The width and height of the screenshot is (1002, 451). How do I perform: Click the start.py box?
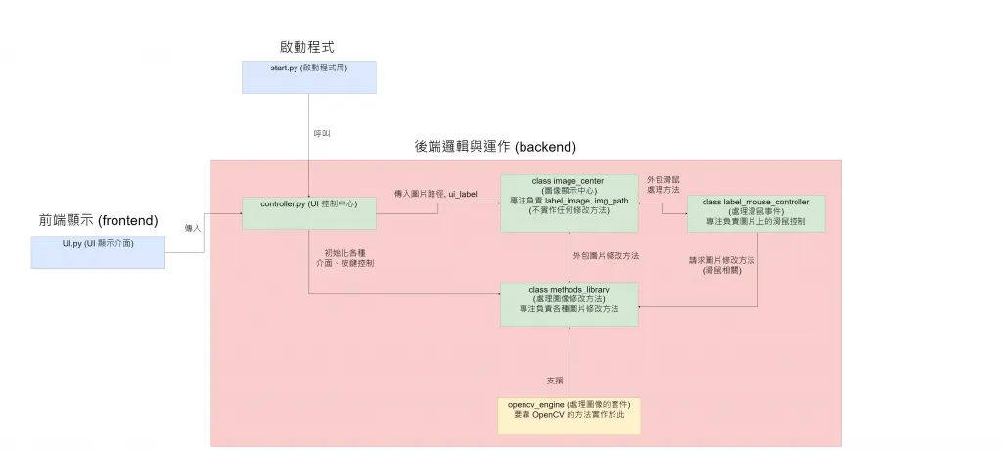[x=309, y=76]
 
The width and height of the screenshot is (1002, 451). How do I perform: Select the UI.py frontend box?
[x=97, y=250]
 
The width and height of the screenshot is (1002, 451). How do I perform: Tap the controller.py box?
[x=308, y=213]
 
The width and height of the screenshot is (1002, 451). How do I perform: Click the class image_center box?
[x=569, y=203]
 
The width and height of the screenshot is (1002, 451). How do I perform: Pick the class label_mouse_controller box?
[x=755, y=213]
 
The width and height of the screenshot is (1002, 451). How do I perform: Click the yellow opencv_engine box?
[x=569, y=414]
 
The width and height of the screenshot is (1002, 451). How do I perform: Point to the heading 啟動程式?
[x=309, y=47]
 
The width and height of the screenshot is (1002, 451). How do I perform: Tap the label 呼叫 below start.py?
[x=321, y=132]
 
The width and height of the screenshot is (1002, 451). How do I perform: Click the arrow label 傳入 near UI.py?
[x=194, y=228]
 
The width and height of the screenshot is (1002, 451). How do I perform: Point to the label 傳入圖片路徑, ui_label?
[x=434, y=195]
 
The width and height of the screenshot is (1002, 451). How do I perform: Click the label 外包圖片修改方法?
[x=606, y=255]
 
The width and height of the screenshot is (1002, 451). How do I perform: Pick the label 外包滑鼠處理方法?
[x=662, y=186]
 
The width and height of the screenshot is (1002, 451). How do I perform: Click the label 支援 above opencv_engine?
[x=554, y=380]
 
